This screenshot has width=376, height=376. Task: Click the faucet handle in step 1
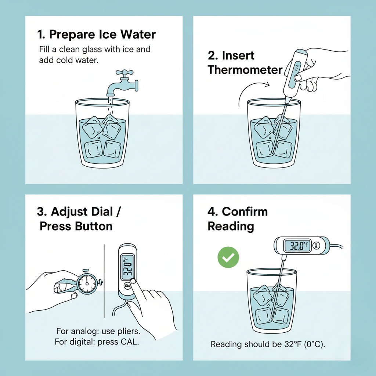click(124, 72)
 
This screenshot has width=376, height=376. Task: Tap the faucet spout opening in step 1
click(110, 95)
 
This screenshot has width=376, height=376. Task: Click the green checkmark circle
click(228, 257)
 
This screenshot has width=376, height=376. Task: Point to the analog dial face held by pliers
click(87, 283)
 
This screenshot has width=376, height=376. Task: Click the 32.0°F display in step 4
click(297, 246)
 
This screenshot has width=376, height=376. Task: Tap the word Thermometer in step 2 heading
click(245, 70)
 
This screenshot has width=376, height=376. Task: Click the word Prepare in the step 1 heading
click(72, 35)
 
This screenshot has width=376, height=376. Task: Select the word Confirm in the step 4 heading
click(245, 211)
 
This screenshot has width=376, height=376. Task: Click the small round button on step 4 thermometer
click(316, 245)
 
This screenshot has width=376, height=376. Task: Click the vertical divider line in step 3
click(104, 281)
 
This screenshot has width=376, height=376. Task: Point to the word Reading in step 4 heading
click(231, 227)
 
